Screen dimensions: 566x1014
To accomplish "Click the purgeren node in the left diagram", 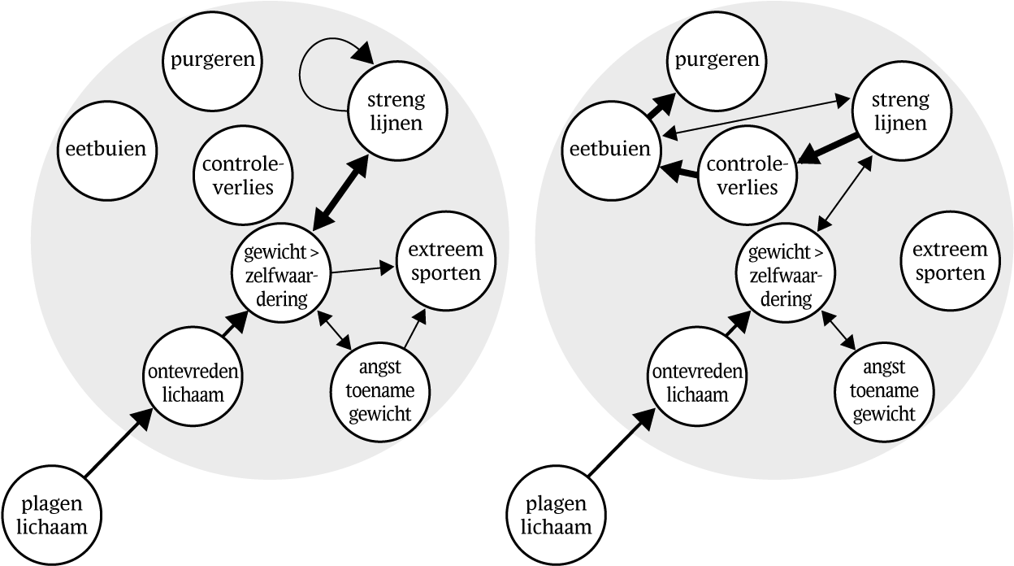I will tap(213, 60).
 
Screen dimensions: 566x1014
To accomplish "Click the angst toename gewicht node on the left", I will tap(379, 390).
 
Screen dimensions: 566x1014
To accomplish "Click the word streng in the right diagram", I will tap(899, 101).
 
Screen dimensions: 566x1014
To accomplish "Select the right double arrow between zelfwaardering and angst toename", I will tap(841, 330).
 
